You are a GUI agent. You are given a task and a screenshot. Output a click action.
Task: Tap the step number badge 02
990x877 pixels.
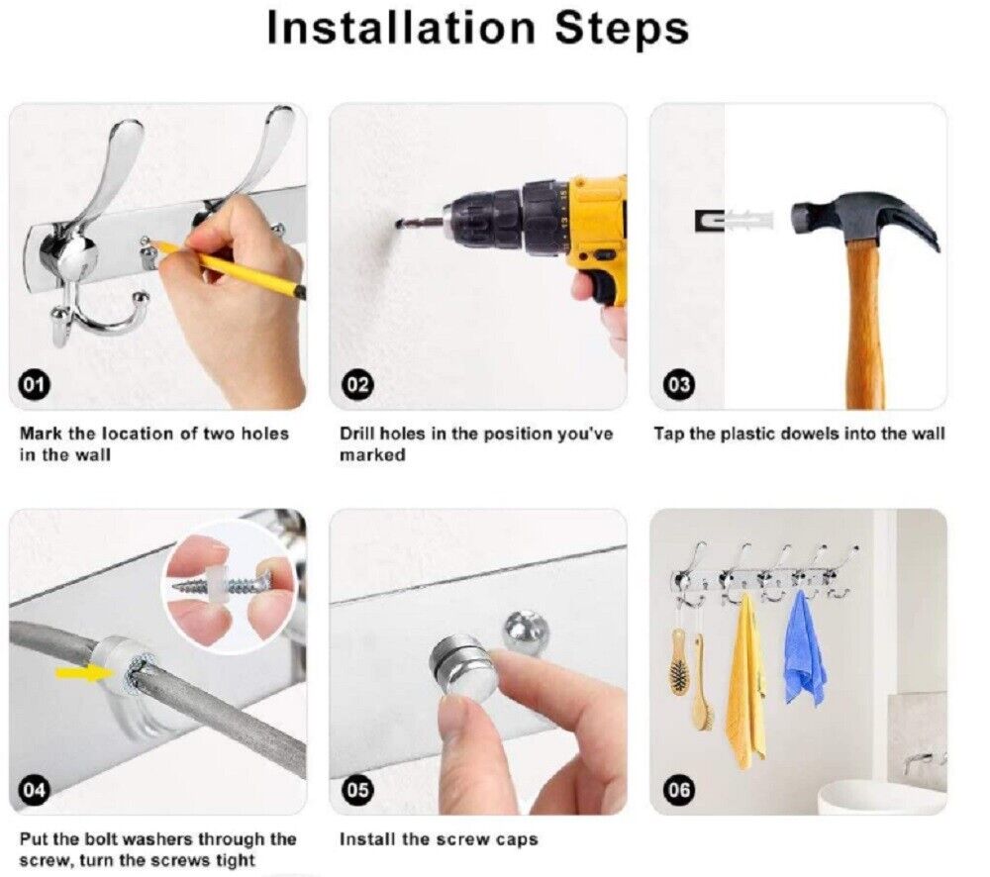(357, 384)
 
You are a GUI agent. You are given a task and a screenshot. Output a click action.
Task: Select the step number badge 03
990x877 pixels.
(679, 384)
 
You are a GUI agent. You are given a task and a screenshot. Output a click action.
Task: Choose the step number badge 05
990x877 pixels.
(357, 790)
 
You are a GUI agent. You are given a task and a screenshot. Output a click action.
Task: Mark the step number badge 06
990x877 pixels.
(679, 790)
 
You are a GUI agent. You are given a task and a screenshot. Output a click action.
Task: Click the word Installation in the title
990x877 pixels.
(400, 27)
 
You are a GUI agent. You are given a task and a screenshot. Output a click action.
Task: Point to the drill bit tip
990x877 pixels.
(398, 224)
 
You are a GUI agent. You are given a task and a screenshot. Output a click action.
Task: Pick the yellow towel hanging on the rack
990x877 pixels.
(745, 682)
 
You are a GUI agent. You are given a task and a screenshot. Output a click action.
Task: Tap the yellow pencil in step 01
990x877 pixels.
(229, 269)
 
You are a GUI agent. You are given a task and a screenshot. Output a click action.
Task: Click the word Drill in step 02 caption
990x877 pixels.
(355, 434)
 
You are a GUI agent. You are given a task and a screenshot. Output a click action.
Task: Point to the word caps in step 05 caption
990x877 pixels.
(517, 840)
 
